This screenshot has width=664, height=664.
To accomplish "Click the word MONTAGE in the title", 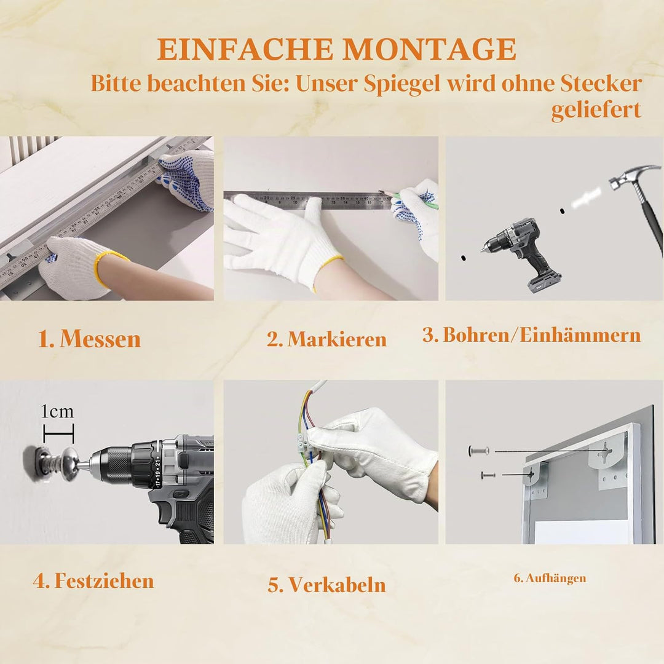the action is pos(429,49).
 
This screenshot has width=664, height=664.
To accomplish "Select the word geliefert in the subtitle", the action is pos(596,110).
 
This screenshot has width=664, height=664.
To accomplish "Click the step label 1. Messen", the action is pos(89,339).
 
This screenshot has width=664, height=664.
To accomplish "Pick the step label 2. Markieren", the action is pos(326,339).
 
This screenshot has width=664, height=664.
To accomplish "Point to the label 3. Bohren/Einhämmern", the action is pos(531,335).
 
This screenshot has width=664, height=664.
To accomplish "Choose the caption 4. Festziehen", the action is pos(93,580).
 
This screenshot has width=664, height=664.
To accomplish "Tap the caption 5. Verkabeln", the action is pos(326,585).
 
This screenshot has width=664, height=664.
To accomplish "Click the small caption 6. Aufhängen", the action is pos(550,578).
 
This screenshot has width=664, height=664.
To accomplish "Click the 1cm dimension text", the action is pos(57,411).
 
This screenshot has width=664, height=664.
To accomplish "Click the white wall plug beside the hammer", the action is pos(586,199).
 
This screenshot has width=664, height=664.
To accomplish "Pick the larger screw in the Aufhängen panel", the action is pos(478,451).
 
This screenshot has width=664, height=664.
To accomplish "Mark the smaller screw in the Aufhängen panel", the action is pos(488,475).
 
